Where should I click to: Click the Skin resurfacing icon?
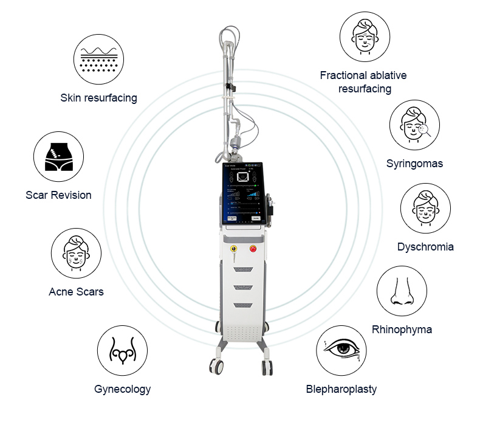point(98,58)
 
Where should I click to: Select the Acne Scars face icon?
point(76,254)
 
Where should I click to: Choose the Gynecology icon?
point(122,351)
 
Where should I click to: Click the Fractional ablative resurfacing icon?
point(364,36)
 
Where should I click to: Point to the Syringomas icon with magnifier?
point(414,125)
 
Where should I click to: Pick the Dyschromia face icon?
point(425,209)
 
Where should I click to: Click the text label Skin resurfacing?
point(98,98)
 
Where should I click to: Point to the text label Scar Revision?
point(58,195)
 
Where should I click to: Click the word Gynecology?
point(122,389)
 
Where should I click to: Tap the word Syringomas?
point(414,164)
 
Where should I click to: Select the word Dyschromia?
point(425,247)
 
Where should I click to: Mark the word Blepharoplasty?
point(341,389)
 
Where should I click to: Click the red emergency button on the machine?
point(253,248)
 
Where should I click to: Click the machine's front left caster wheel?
point(216,367)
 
